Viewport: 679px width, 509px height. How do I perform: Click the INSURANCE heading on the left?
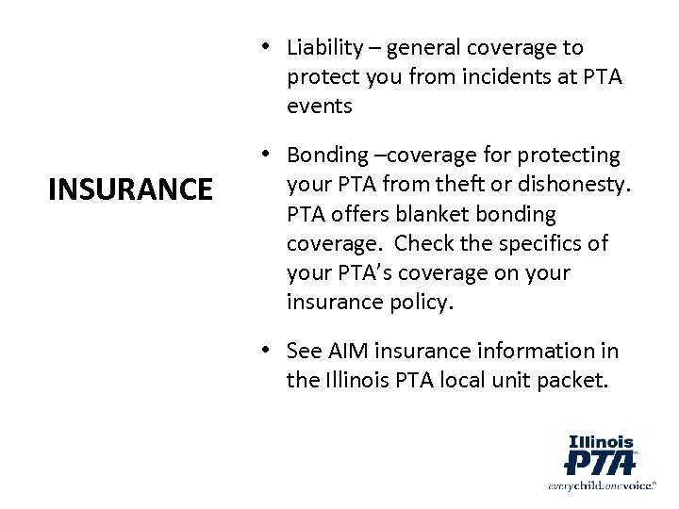click(x=131, y=190)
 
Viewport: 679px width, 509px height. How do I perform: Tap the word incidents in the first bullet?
click(x=494, y=77)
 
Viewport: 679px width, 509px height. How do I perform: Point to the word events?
click(x=321, y=107)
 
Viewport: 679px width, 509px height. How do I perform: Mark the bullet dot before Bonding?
click(x=269, y=154)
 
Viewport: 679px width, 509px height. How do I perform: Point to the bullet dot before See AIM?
click(x=269, y=351)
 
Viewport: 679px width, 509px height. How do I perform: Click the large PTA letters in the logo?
click(x=599, y=462)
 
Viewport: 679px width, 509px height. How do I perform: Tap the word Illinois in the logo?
click(x=601, y=439)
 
